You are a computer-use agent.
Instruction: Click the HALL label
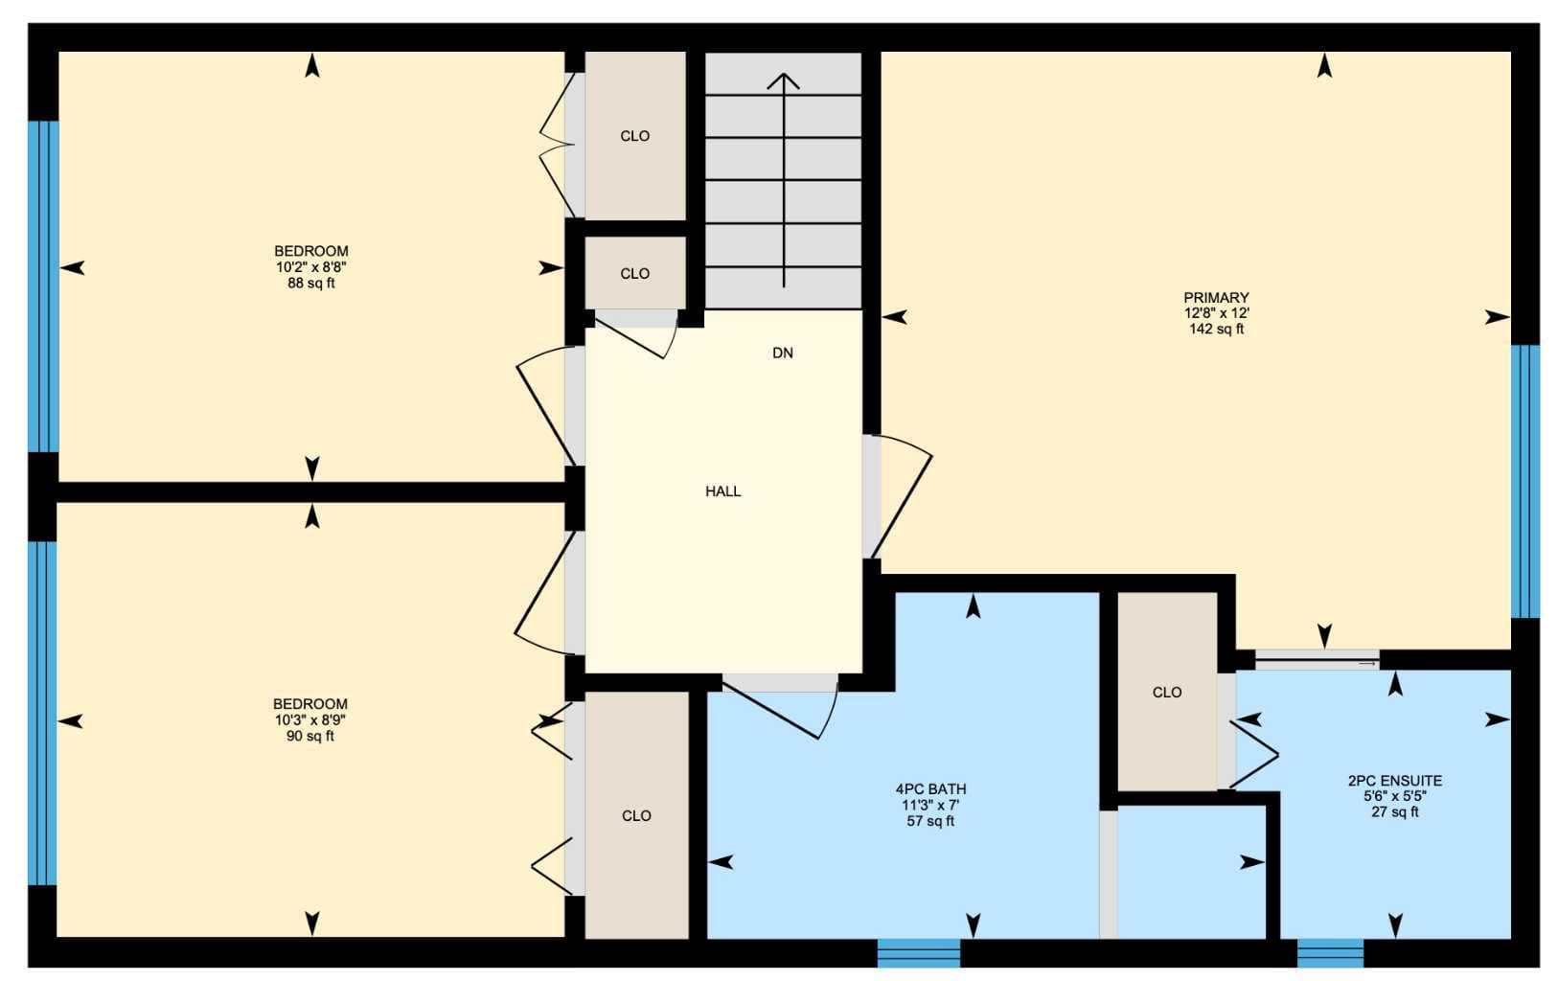point(722,491)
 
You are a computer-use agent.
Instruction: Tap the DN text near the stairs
point(783,354)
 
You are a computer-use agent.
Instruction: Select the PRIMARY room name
point(1217,298)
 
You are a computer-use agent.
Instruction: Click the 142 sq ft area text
point(1217,329)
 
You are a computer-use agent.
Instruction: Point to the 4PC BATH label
point(930,789)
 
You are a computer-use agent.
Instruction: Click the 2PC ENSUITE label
point(1394,781)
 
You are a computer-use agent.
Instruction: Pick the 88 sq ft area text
point(310,283)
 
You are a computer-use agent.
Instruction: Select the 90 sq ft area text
point(310,736)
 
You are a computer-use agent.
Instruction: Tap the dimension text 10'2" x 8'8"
point(310,267)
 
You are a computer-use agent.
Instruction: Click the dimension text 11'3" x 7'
point(930,805)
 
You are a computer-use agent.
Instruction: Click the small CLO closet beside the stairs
point(635,273)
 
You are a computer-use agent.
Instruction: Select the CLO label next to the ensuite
point(1166,693)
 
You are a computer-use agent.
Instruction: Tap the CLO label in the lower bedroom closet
point(636,816)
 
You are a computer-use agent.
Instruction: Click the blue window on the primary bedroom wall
point(1524,481)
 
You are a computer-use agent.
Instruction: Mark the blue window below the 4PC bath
point(919,952)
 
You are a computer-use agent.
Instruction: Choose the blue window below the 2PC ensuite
point(1330,952)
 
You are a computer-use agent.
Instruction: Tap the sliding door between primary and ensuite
point(1317,660)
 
